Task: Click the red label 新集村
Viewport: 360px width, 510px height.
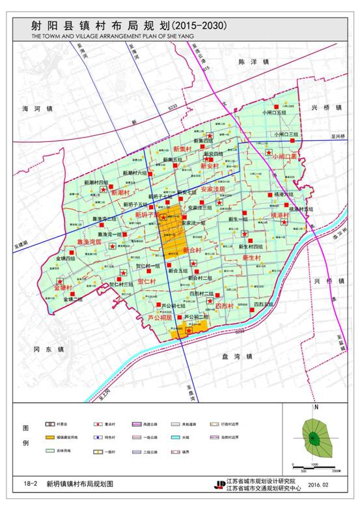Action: pyautogui.click(x=178, y=149)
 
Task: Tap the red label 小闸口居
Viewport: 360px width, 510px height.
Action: pyautogui.click(x=284, y=157)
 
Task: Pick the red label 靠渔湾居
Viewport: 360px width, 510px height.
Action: pyautogui.click(x=89, y=241)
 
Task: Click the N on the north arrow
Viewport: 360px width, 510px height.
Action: pyautogui.click(x=315, y=408)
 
